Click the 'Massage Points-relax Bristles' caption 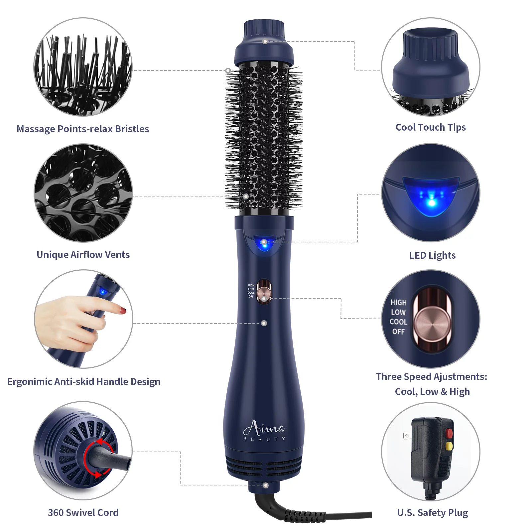[x=83, y=129]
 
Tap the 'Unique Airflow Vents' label [x=83, y=254]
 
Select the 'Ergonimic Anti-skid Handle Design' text [x=84, y=381]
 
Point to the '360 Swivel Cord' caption [x=83, y=512]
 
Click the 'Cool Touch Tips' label [x=431, y=127]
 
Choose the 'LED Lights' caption [x=432, y=255]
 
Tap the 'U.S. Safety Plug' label [x=432, y=513]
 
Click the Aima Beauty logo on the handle [x=264, y=430]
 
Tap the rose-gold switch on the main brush [x=264, y=292]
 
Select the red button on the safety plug [x=449, y=434]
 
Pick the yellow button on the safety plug [x=449, y=446]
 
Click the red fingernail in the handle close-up [x=123, y=311]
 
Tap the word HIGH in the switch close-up [x=398, y=303]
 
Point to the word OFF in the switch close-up [x=398, y=332]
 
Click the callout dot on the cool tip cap [x=265, y=42]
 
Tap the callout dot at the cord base [x=266, y=485]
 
